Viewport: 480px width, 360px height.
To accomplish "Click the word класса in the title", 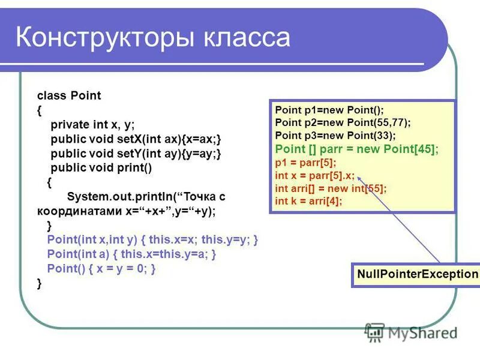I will pos(246,37).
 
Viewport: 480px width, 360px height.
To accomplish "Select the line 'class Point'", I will pos(69,95).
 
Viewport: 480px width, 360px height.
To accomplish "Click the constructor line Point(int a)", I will pos(131,254).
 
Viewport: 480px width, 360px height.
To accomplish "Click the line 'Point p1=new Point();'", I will pos(329,110).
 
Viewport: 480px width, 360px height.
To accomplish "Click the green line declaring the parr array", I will pos(356,149).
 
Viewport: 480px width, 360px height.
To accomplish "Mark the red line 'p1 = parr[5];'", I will pos(305,163).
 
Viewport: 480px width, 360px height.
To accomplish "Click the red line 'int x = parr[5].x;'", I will pos(314,176).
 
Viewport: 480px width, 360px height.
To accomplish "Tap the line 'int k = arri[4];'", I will pos(308,201).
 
